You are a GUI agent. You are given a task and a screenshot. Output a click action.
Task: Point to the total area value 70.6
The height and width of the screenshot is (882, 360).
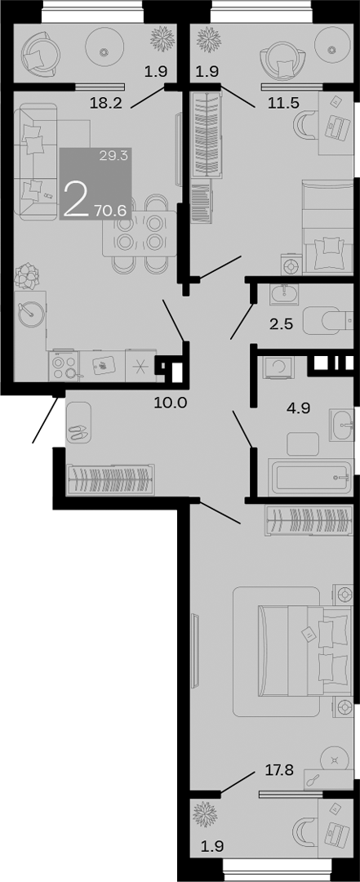(x=109, y=210)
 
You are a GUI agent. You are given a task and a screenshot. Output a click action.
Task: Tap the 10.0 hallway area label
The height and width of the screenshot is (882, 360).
(x=171, y=401)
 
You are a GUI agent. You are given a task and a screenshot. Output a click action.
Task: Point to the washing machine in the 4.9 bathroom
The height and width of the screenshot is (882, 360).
(x=278, y=367)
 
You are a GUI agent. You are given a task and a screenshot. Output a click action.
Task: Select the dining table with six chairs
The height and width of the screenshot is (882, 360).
(x=138, y=231)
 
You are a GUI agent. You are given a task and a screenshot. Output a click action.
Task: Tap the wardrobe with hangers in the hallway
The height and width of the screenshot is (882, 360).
(x=109, y=477)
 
